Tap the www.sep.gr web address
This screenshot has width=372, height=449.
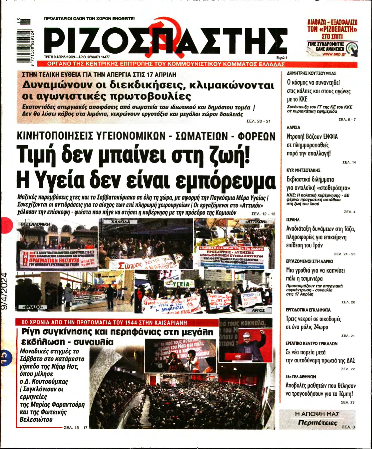click(334, 54)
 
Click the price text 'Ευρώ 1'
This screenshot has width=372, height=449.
click(281, 58)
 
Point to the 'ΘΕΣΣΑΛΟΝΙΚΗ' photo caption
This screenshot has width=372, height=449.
click(35, 224)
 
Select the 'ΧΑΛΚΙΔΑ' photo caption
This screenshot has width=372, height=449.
click(121, 222)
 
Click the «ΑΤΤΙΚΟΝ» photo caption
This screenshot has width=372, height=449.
click(256, 221)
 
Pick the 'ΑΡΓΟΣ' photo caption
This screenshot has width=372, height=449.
click(258, 310)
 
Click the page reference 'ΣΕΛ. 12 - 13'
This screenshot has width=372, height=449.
click(263, 214)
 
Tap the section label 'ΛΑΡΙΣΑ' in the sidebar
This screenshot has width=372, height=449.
click(293, 127)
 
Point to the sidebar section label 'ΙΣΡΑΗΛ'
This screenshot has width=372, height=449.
click(293, 220)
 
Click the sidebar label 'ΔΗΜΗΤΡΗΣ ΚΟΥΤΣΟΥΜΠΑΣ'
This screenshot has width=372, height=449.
click(311, 73)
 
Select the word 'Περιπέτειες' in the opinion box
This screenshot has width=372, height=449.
click(317, 423)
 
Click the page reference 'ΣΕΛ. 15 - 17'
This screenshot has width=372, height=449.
click(75, 428)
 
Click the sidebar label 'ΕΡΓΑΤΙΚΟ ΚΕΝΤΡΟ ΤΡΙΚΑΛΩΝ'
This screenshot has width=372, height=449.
click(312, 343)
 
